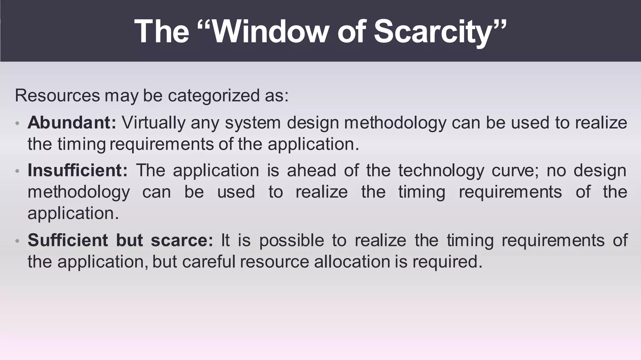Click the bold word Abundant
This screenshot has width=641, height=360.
click(72, 122)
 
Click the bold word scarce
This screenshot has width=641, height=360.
click(182, 240)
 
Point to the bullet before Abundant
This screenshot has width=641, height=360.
click(18, 123)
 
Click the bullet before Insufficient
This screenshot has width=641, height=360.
click(18, 171)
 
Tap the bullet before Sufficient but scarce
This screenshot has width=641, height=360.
click(18, 241)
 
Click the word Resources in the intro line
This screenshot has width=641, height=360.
click(57, 95)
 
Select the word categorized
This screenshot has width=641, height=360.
click(213, 96)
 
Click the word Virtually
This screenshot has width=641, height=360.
click(153, 123)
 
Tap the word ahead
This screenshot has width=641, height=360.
click(311, 170)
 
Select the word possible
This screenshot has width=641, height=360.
click(291, 241)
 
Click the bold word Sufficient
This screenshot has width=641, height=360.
click(68, 240)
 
